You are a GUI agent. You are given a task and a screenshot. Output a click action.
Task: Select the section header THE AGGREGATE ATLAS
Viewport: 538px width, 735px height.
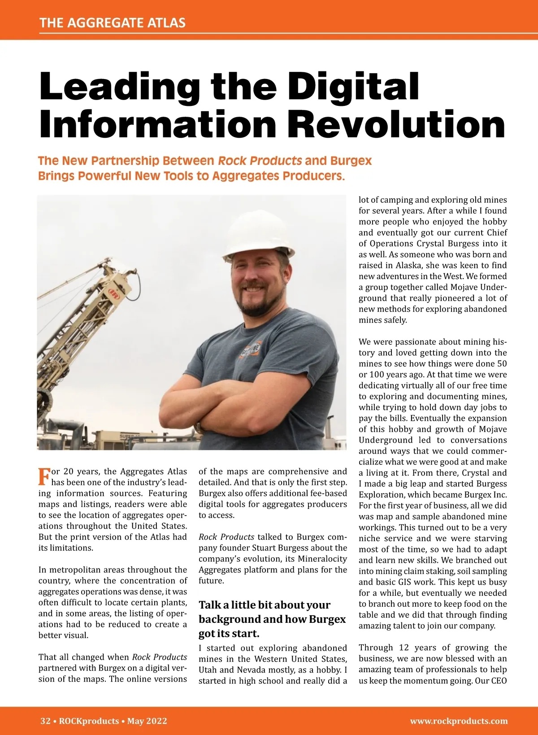click(x=113, y=23)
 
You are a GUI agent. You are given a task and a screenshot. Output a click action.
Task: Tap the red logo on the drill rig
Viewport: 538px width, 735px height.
click(x=113, y=294)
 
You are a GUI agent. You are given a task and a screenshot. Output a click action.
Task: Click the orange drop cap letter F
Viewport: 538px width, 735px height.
click(x=44, y=477)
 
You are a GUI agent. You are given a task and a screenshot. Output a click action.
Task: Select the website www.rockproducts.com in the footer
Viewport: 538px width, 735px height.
click(x=459, y=721)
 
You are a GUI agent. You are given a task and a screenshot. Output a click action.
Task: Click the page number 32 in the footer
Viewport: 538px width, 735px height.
click(x=45, y=721)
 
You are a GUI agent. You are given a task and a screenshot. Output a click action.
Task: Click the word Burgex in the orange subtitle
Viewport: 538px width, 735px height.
click(x=351, y=161)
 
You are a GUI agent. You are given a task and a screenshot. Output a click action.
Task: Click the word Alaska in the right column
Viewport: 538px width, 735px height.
click(x=408, y=265)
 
